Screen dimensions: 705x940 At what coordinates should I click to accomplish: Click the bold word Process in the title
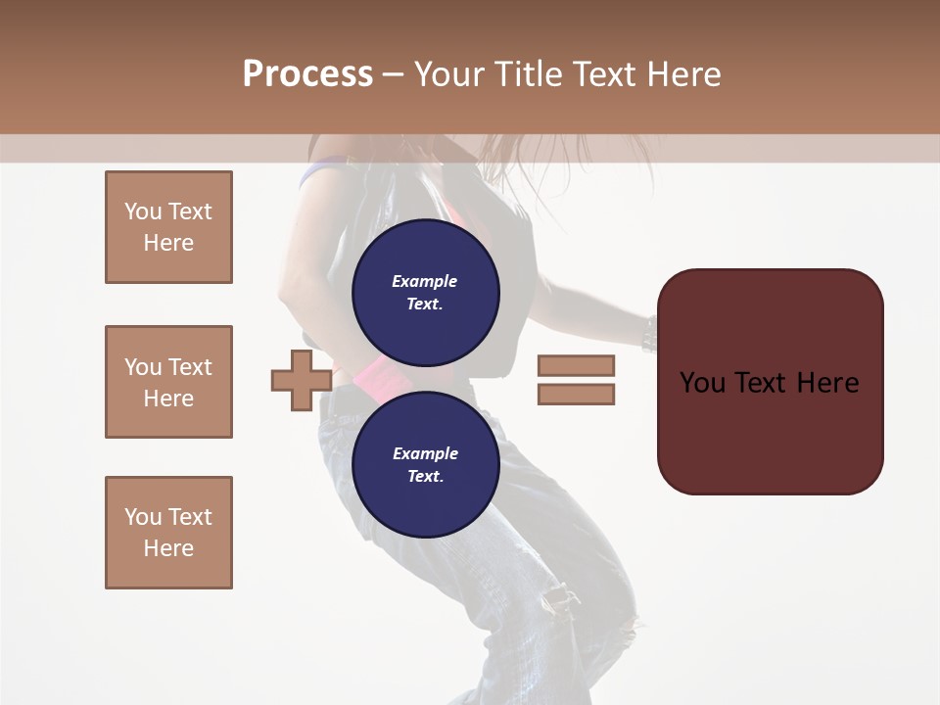(307, 74)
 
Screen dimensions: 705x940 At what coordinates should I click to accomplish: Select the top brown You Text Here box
(168, 227)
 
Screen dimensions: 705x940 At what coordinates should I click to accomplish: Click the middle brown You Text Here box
(168, 382)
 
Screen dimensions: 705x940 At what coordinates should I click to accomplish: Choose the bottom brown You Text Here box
(168, 533)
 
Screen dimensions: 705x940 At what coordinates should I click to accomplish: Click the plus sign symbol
(301, 381)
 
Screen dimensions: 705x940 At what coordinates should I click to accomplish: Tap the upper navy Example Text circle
(425, 293)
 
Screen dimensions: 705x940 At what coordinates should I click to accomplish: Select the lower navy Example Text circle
(425, 465)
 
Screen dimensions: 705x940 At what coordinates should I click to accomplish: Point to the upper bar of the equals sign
(576, 365)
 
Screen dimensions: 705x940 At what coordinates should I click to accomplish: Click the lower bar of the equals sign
(576, 395)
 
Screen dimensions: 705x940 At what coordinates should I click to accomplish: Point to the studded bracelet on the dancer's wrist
(648, 335)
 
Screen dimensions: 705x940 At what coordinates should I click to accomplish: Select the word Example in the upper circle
(425, 281)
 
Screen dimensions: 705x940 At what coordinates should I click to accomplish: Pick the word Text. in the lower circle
(425, 477)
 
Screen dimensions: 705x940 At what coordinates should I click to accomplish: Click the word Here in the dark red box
(827, 383)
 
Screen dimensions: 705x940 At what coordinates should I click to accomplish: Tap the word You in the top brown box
(143, 211)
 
